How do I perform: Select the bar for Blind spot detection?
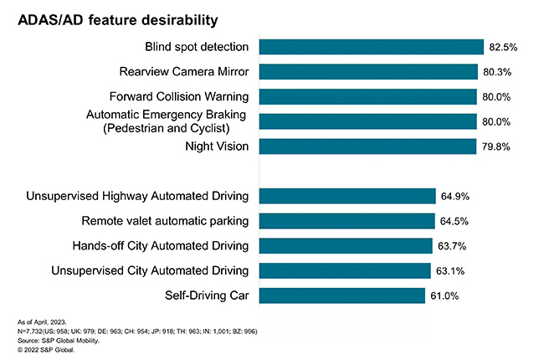click(372, 47)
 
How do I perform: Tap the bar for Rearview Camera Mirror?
click(368, 72)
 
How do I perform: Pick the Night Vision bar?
click(367, 147)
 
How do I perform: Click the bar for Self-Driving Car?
click(342, 296)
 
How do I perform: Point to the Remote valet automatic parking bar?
click(347, 221)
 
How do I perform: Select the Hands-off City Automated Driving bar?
click(346, 246)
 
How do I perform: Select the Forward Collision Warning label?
click(179, 95)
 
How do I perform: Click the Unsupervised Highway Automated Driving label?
click(137, 197)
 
